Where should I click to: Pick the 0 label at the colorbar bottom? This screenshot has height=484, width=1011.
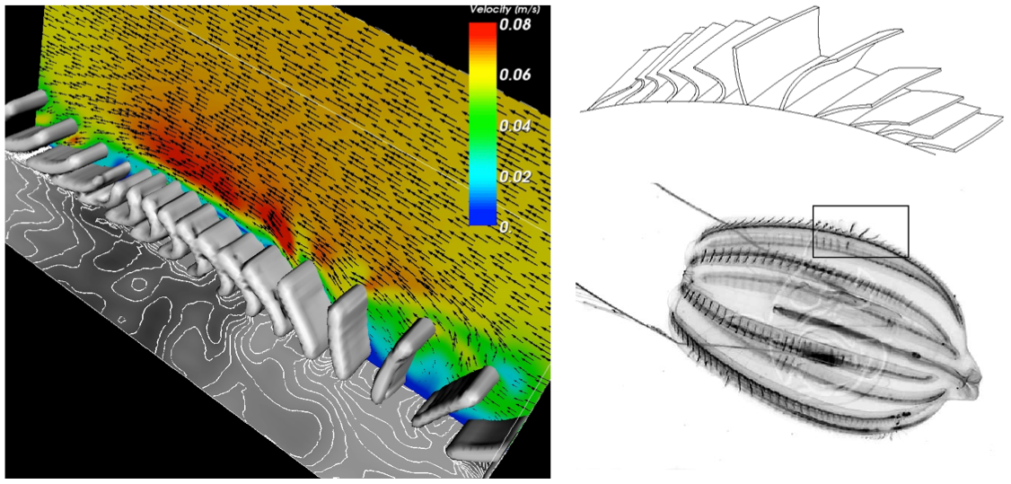(505, 226)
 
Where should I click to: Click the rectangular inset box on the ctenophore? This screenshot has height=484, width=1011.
(860, 207)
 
